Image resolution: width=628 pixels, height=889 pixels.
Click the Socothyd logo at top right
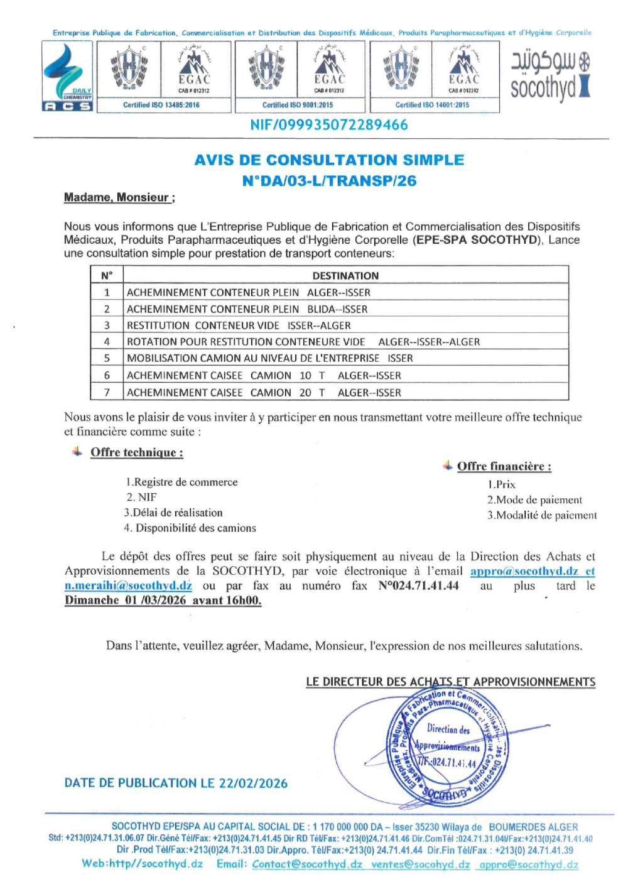coord(550,76)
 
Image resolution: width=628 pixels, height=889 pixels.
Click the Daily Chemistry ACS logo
coord(67,77)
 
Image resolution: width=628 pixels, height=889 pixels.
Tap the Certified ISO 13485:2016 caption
coord(161,105)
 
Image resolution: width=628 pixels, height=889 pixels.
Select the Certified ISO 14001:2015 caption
coord(432,105)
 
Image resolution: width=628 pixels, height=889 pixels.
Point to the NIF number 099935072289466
coord(329,125)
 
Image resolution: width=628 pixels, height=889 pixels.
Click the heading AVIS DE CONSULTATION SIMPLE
coord(329,160)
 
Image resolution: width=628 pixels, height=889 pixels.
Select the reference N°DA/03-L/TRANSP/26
coord(329,181)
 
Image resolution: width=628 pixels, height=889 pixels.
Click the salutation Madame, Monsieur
coord(119,198)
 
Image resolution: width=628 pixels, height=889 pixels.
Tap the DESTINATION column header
coord(345,276)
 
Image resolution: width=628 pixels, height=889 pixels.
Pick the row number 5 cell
coord(107,358)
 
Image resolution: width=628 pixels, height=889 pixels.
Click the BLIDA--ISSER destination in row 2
coord(337,309)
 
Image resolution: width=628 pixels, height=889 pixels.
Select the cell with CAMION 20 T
coord(288,393)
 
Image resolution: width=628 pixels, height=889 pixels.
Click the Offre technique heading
coord(137,452)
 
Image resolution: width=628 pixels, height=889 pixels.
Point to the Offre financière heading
coord(504,466)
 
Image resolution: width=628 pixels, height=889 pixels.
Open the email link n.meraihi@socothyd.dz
coord(128,586)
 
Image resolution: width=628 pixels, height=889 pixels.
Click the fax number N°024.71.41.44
coord(418,586)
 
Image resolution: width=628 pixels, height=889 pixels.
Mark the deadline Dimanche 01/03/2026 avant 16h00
coord(163,600)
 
